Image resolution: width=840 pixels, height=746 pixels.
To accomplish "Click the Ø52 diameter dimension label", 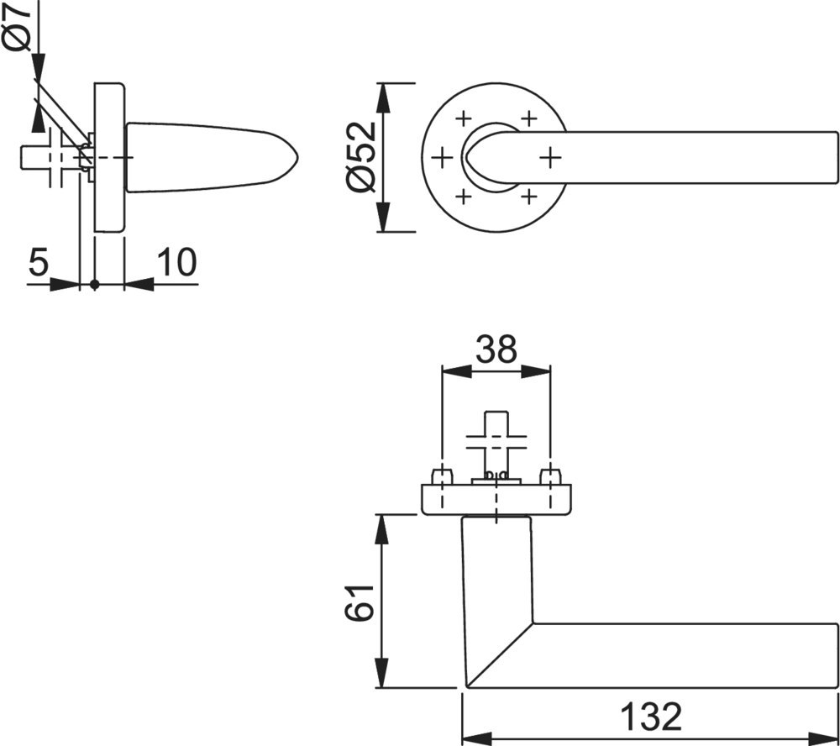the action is [361, 156].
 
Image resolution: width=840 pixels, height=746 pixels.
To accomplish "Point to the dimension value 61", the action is [359, 602].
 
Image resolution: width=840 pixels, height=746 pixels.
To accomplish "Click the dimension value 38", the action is [496, 349].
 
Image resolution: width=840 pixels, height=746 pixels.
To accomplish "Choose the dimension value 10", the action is [176, 262].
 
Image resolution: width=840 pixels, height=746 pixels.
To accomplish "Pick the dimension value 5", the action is [39, 262].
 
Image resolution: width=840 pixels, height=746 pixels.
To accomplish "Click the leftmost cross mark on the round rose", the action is [442, 158].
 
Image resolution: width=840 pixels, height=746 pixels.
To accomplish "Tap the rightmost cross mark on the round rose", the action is [549, 158].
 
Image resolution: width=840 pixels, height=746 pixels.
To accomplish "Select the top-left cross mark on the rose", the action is [464, 118].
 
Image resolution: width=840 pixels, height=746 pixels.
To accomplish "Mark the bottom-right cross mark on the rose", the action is [528, 197].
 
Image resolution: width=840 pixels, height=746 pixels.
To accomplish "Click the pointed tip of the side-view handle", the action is [297, 158].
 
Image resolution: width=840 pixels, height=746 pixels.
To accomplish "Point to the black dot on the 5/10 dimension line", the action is [95, 285].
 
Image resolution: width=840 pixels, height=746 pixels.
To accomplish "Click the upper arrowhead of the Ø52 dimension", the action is [382, 98].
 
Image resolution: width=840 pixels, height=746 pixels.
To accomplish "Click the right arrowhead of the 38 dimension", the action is [536, 371].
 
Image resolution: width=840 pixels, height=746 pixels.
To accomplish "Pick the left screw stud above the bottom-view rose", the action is [442, 476].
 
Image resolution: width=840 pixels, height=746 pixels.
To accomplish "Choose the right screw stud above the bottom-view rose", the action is [550, 476].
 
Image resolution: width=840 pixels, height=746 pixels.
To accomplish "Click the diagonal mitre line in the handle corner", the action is [500, 655].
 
